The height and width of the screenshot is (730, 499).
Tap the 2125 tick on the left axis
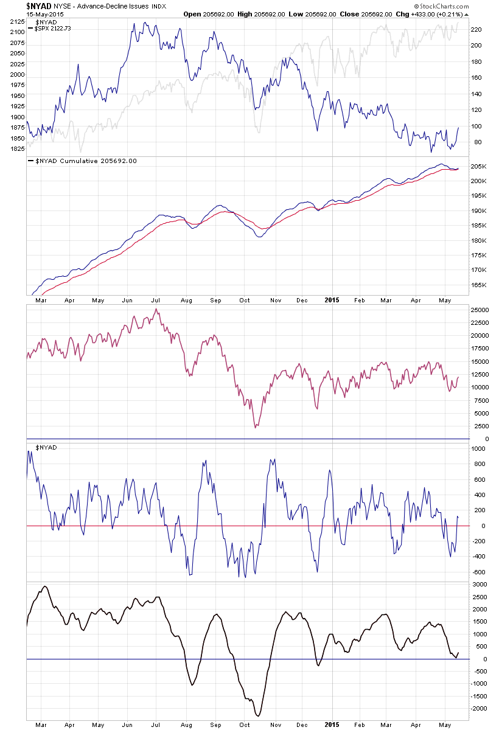click(18, 22)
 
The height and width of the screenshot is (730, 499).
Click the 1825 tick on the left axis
click(18, 148)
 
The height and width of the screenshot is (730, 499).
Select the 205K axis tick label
click(478, 166)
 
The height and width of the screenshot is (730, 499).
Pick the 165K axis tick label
click(478, 285)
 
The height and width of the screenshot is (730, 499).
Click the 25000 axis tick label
click(480, 310)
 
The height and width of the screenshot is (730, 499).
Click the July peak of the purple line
click(156, 310)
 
